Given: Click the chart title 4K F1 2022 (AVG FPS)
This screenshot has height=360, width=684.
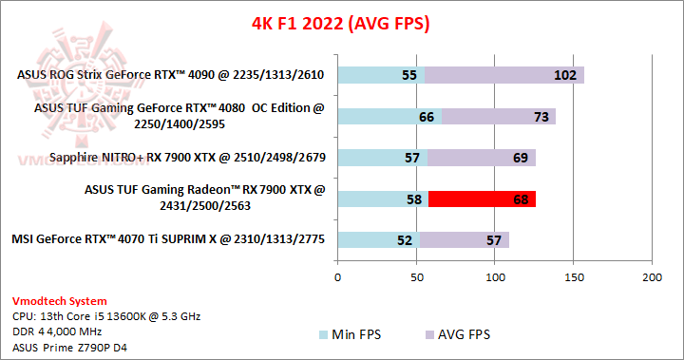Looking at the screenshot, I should click(x=340, y=22).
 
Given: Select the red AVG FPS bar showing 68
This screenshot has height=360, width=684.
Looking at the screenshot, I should click(x=482, y=199).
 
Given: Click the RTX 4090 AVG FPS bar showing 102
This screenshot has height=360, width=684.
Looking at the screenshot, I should click(x=504, y=74).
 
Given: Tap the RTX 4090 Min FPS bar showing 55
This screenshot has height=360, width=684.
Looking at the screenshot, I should click(x=380, y=74).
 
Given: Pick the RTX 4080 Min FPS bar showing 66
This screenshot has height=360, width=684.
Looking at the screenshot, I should click(x=389, y=116).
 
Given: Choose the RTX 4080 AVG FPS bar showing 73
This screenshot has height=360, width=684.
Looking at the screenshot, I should click(x=499, y=116).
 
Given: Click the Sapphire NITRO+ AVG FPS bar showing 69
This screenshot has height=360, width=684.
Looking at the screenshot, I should click(x=482, y=157).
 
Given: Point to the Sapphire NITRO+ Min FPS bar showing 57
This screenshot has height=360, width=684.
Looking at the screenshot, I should click(x=382, y=157).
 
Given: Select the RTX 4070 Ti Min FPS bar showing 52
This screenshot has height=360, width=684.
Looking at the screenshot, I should click(x=378, y=239).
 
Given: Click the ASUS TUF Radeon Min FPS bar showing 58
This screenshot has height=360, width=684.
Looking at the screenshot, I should click(x=383, y=199).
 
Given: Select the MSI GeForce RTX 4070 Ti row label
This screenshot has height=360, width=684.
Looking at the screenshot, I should click(x=168, y=239).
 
